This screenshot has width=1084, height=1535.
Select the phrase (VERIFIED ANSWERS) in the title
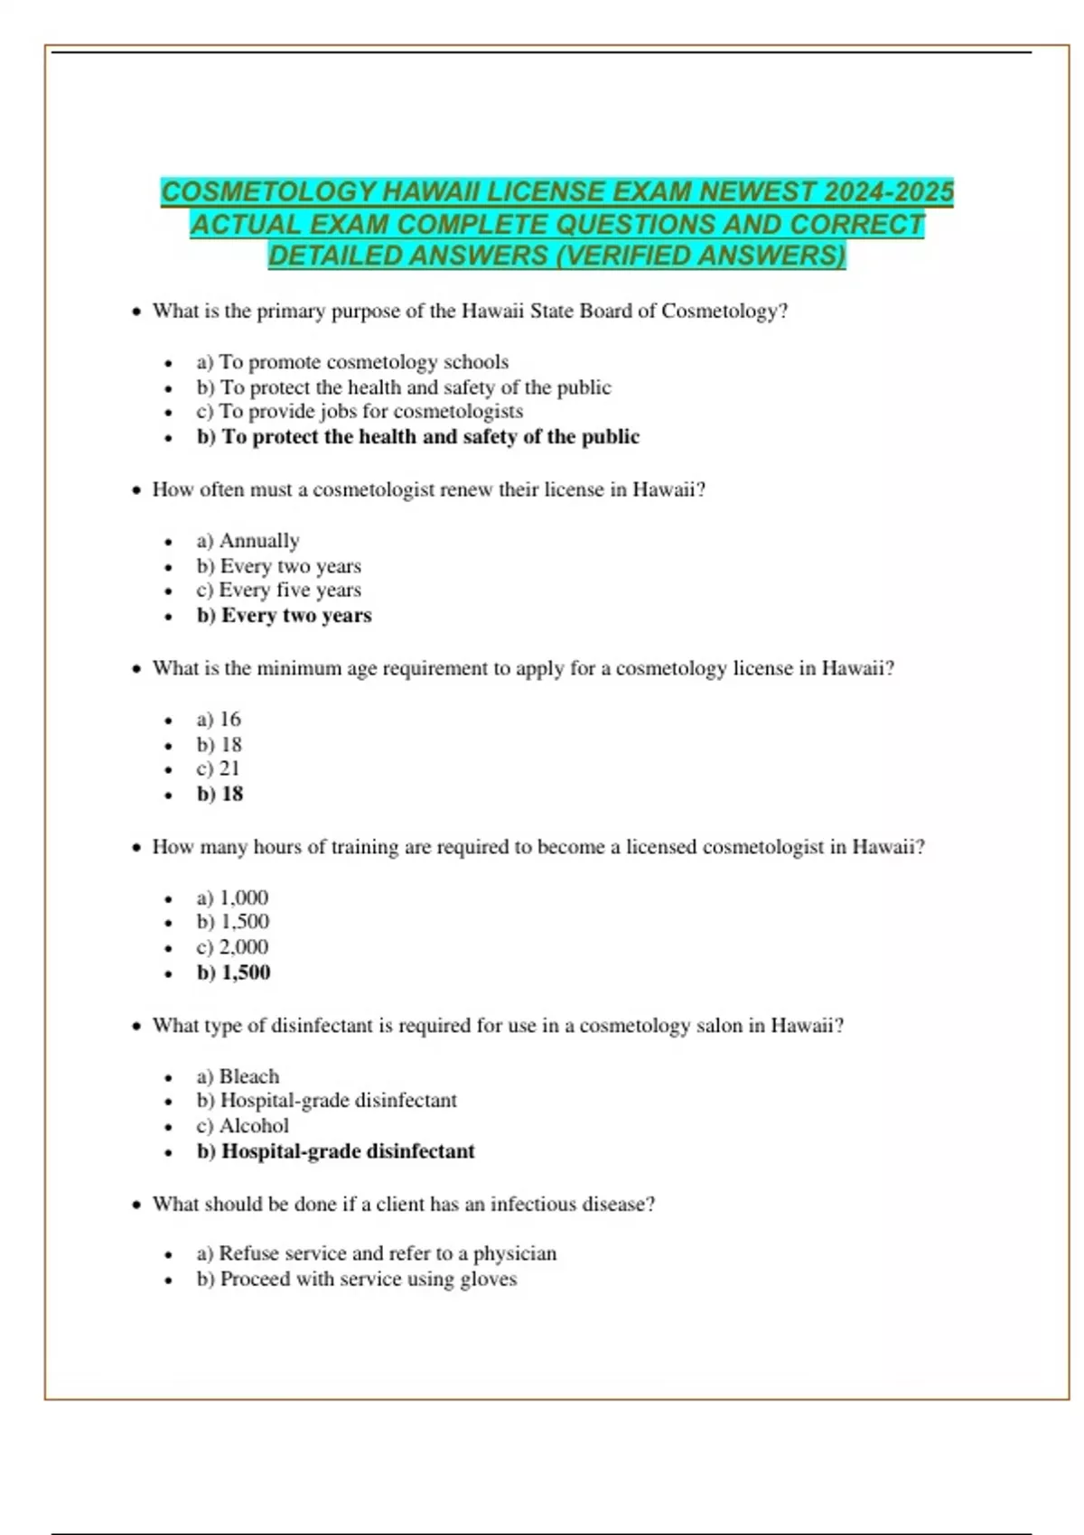(x=700, y=256)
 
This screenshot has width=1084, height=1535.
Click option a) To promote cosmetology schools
(x=352, y=362)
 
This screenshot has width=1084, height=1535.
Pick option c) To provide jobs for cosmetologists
(x=360, y=411)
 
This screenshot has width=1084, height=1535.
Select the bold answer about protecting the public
(x=417, y=437)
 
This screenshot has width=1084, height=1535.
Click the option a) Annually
(x=248, y=541)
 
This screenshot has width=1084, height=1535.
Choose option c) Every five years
(x=278, y=590)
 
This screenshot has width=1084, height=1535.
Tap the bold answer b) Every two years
(x=284, y=616)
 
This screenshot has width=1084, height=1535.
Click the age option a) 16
(x=219, y=720)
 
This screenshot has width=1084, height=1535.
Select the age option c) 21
(x=219, y=768)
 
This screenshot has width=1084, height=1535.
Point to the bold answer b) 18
(x=220, y=795)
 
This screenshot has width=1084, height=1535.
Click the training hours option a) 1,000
(x=232, y=898)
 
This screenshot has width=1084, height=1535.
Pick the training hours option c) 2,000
(x=232, y=947)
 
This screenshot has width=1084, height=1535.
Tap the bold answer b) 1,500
(x=233, y=973)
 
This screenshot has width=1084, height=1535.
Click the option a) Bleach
(x=238, y=1077)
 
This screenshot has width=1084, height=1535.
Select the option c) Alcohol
(x=242, y=1126)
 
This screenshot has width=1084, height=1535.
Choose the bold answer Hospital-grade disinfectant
(x=335, y=1152)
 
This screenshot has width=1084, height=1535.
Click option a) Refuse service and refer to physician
(x=376, y=1254)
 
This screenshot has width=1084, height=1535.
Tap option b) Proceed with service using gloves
(x=356, y=1279)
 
